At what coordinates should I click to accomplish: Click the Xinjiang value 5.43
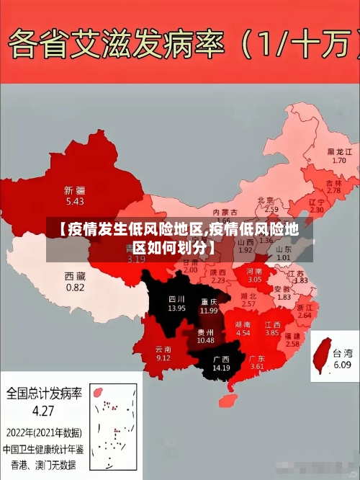(x=74, y=203)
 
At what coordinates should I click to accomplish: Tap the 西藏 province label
(x=75, y=276)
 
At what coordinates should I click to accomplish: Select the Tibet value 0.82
(x=75, y=287)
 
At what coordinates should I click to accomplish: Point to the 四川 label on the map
(x=176, y=298)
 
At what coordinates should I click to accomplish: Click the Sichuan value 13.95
(x=176, y=308)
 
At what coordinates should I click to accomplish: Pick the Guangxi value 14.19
(x=221, y=368)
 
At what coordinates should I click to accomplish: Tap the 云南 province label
(x=163, y=349)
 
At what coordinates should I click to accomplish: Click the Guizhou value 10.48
(x=205, y=340)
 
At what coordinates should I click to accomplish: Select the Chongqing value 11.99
(x=209, y=311)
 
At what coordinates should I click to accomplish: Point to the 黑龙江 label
(x=339, y=152)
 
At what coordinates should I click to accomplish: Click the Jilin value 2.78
(x=333, y=190)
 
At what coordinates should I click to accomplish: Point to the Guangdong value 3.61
(x=257, y=367)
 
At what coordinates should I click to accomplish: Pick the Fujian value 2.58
(x=292, y=345)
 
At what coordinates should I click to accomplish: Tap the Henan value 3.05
(x=255, y=279)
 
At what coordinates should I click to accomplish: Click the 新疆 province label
(x=74, y=191)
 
